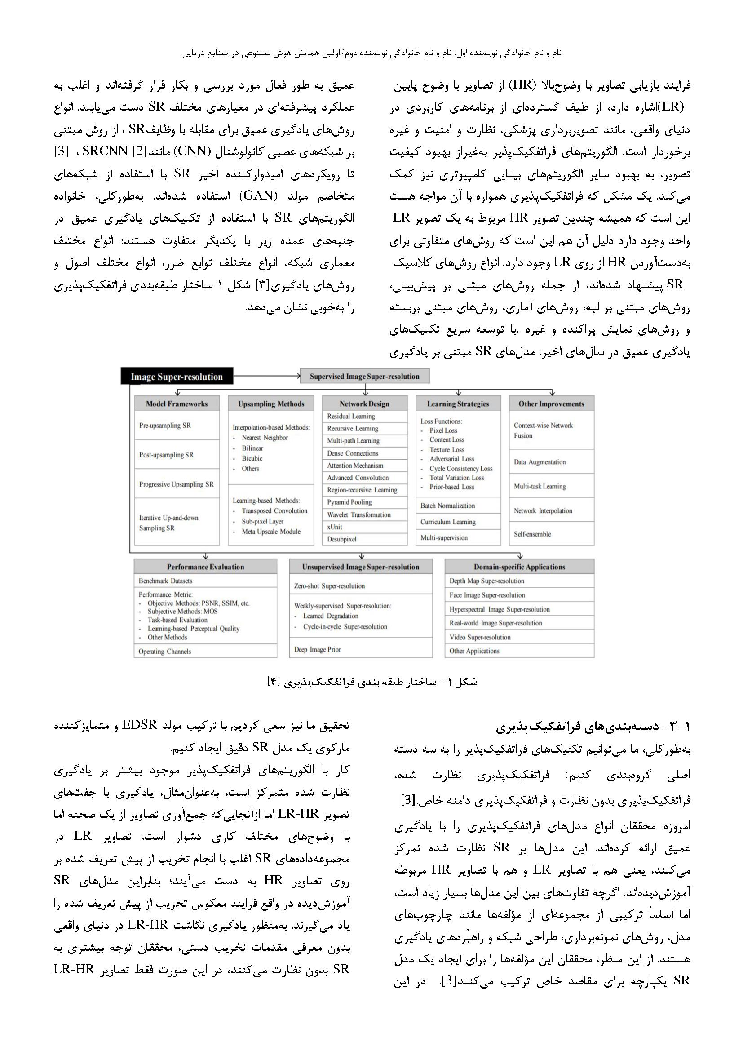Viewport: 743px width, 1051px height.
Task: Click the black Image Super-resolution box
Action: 177,377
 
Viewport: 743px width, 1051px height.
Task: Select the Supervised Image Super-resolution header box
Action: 365,377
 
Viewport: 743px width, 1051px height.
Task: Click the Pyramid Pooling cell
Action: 364,502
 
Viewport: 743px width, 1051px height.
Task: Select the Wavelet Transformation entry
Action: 364,514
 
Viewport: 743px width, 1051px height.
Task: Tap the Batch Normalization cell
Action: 458,506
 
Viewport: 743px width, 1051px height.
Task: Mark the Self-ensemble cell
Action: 551,534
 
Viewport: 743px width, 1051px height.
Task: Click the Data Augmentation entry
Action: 551,462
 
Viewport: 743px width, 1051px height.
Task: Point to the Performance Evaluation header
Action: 205,567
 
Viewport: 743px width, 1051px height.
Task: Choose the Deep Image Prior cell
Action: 361,650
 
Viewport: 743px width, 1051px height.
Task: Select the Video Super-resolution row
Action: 519,637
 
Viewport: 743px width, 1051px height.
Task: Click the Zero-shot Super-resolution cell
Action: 361,586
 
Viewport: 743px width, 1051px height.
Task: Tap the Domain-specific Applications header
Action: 519,567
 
